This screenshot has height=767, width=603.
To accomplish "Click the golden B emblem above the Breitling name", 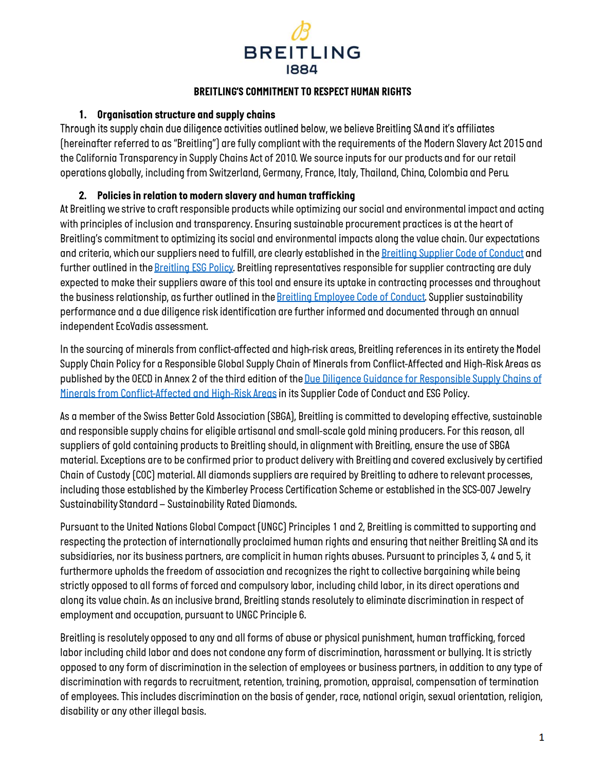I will click(x=301, y=31).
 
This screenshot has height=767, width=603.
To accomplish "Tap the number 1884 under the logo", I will click(x=302, y=69).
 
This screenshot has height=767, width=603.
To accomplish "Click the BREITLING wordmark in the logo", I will click(x=302, y=52).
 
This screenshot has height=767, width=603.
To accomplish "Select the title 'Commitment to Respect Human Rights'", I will click(x=302, y=92).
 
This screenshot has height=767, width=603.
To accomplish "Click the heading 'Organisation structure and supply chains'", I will click(x=186, y=115).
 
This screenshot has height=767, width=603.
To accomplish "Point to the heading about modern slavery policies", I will click(x=226, y=195).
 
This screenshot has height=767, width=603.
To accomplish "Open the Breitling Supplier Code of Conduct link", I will click(x=452, y=253).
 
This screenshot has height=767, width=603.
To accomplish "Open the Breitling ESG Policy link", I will click(x=194, y=267).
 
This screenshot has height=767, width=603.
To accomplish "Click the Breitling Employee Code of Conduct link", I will click(x=351, y=297).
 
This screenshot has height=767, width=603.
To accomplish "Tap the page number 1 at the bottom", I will click(x=541, y=737).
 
